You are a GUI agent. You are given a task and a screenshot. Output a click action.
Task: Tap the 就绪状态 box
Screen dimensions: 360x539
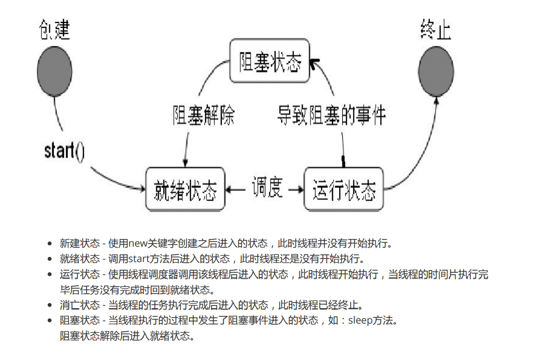click(185, 189)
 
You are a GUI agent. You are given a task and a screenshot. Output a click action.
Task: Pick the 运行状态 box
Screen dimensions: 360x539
click(344, 189)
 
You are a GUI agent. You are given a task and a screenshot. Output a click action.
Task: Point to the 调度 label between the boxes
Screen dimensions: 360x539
click(267, 188)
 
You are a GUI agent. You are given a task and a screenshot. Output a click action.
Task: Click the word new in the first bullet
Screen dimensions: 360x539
click(138, 243)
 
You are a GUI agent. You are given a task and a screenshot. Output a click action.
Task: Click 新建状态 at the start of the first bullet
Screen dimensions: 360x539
click(79, 243)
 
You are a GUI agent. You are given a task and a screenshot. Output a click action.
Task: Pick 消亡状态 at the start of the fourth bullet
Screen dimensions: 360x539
click(79, 306)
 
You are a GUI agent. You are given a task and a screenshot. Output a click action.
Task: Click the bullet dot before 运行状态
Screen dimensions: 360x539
click(50, 274)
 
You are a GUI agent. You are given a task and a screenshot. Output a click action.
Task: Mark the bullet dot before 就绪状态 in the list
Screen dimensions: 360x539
click(50, 259)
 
